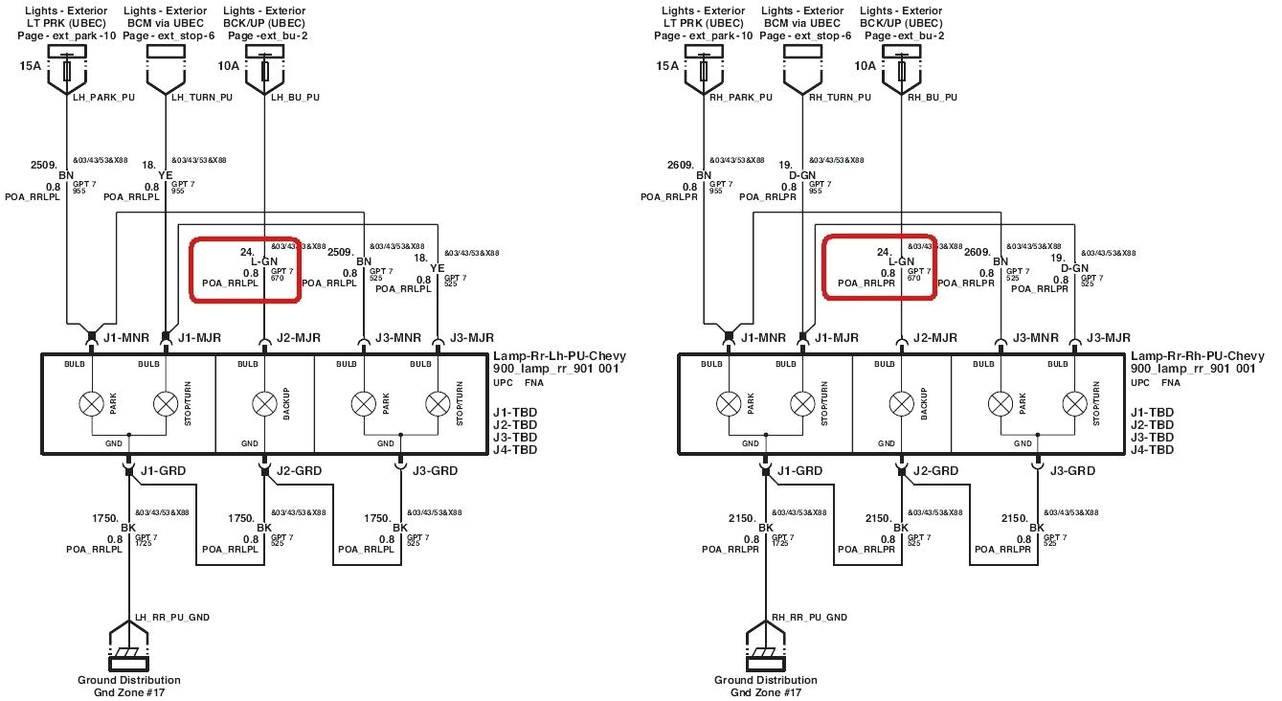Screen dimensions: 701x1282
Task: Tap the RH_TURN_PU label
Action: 840,97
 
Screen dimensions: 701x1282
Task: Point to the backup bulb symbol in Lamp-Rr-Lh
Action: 264,403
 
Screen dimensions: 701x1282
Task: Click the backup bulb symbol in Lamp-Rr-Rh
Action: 901,403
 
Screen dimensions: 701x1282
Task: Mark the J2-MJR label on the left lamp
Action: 299,338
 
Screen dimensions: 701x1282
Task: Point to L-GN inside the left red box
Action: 264,261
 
